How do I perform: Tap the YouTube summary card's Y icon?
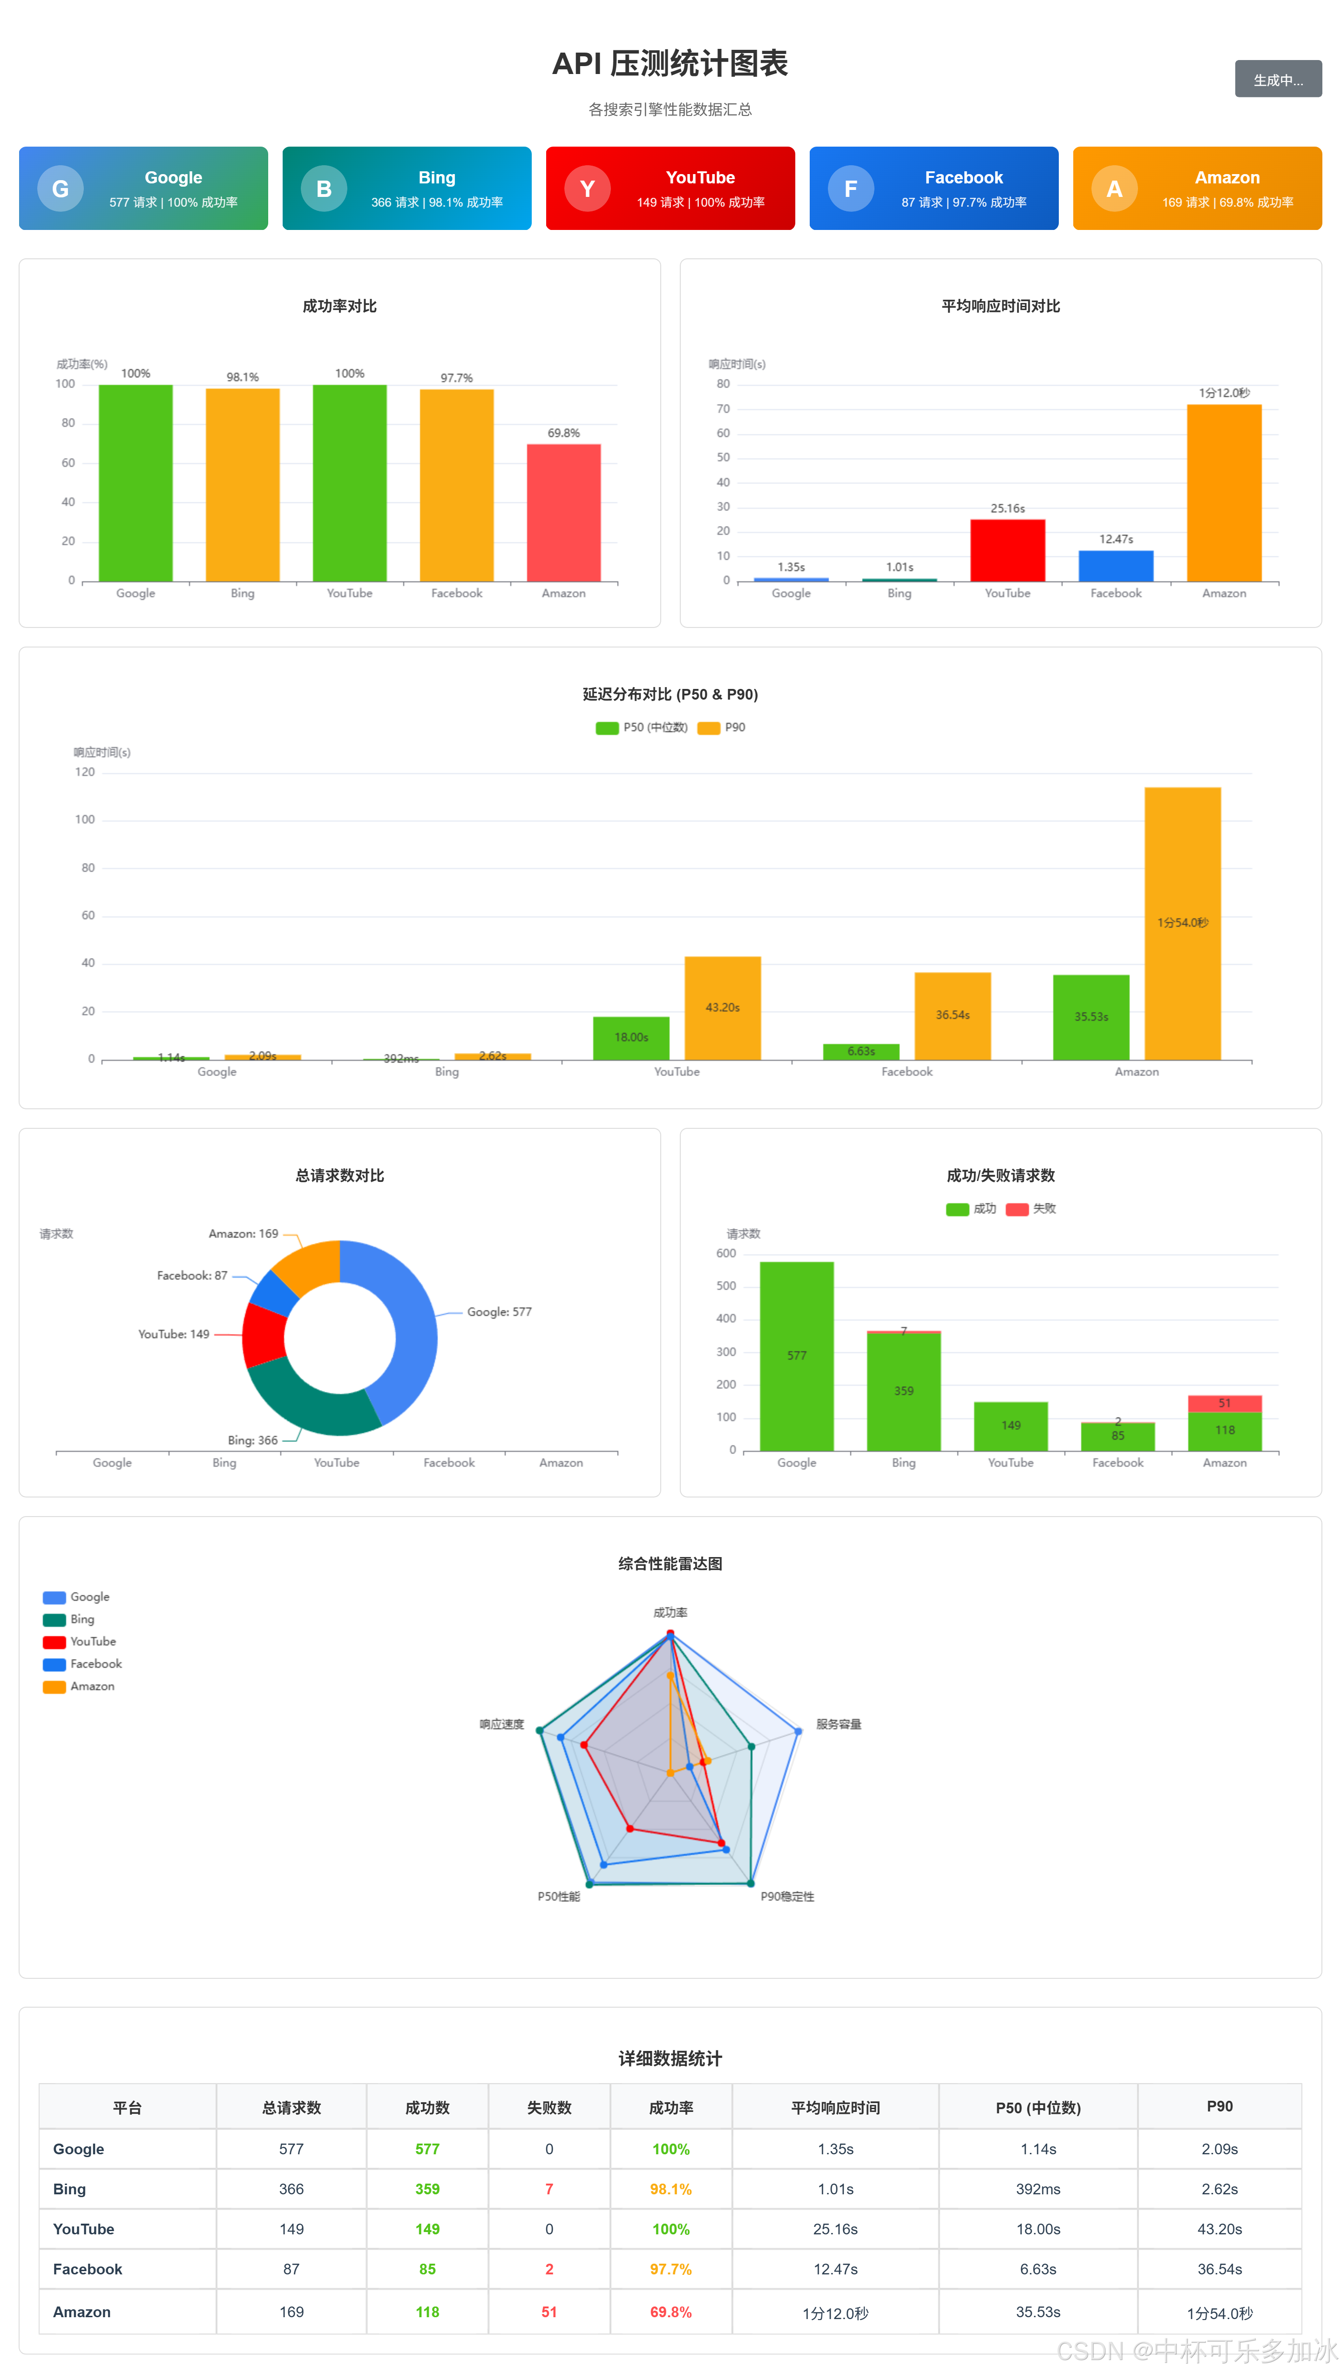587,189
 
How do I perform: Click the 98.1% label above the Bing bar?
243,377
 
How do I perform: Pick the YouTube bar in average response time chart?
1007,550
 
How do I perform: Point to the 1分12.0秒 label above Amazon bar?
1224,392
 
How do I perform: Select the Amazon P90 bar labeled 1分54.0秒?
1183,924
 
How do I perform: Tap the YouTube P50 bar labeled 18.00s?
631,1038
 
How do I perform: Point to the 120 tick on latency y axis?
85,772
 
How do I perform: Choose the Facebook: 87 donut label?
192,1275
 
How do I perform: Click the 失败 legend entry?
1031,1208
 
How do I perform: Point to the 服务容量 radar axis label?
839,1724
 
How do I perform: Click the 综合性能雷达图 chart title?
670,1564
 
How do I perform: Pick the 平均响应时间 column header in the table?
835,2108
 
